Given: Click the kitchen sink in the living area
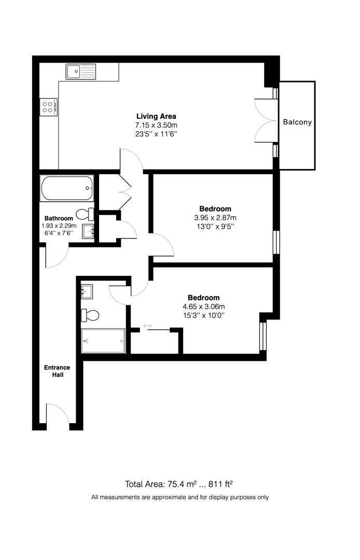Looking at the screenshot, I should (80, 71).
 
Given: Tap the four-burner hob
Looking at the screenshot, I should (48, 107).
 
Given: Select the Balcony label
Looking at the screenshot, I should (297, 122).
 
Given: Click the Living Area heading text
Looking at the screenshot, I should (156, 116).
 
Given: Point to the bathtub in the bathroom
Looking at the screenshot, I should (67, 188).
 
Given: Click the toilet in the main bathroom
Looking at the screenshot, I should (85, 214).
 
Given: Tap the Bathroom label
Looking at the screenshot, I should (59, 218).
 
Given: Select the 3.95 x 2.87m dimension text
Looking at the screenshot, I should (215, 218).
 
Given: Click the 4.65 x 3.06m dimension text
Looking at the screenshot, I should (203, 306).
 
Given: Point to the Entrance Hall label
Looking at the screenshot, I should (57, 371).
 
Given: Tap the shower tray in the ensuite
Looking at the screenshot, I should (103, 341).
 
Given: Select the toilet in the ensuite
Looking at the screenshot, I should (90, 314).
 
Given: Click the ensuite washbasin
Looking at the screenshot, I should (87, 291).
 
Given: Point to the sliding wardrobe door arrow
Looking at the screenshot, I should (147, 326).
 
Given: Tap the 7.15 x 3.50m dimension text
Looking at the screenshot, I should (156, 125).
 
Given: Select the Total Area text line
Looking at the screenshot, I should (179, 484).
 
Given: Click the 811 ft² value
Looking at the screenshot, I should (220, 484).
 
